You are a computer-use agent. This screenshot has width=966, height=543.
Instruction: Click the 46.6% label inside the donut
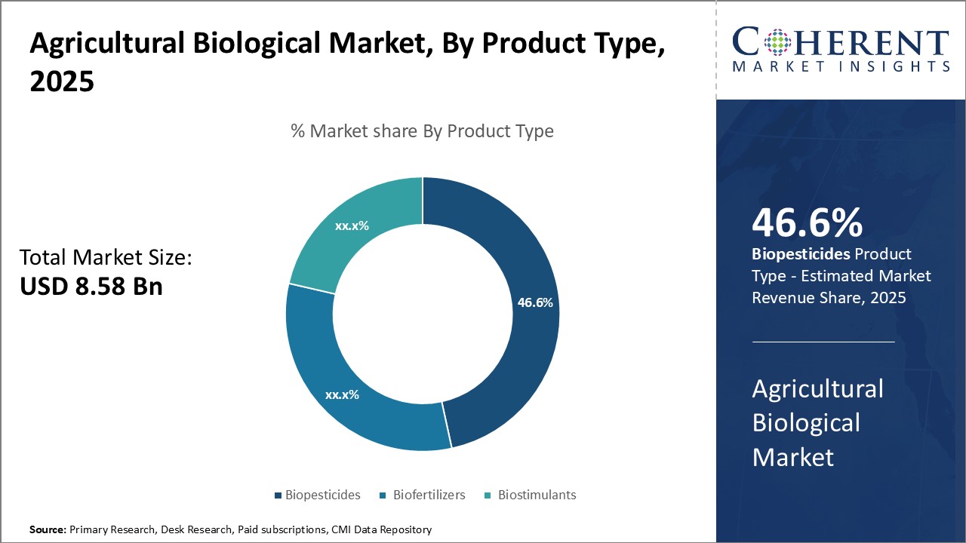point(535,303)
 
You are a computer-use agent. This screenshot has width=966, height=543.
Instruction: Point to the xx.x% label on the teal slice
point(352,225)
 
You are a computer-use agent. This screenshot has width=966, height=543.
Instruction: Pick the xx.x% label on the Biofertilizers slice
point(342,394)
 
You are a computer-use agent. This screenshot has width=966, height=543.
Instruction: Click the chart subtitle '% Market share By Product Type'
point(422,131)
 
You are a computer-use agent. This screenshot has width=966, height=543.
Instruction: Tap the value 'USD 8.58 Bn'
point(91,287)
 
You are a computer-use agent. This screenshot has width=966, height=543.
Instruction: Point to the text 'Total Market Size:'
point(106,258)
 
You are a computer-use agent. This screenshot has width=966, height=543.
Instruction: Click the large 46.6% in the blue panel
point(807,224)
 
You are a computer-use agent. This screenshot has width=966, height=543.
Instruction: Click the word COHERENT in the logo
point(841,42)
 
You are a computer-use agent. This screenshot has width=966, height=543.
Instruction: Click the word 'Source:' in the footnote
point(48,530)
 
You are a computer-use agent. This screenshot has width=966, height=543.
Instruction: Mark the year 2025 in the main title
point(62,81)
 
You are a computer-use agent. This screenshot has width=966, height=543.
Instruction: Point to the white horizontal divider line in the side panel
point(823,342)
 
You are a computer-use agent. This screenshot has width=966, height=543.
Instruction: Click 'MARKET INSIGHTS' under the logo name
point(841,66)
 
